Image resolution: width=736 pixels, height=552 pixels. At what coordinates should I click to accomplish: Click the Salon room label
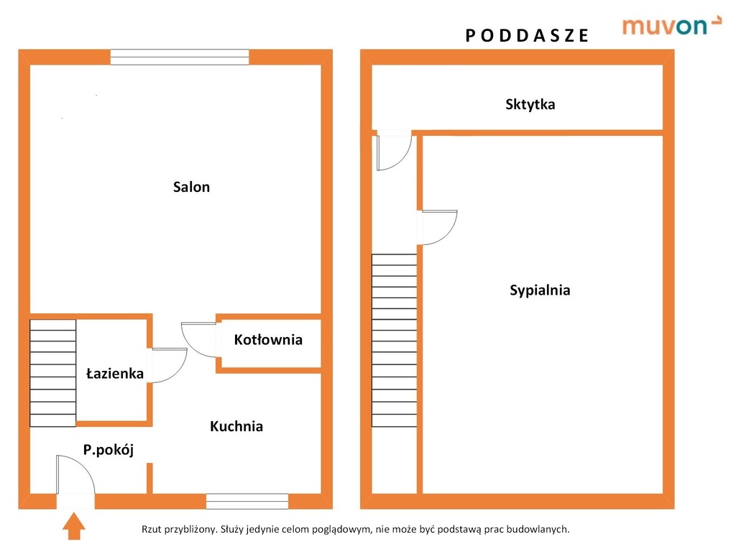(x=191, y=187)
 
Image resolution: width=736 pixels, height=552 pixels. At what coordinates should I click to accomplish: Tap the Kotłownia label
(x=268, y=339)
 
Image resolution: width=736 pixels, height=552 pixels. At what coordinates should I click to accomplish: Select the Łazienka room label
(x=115, y=373)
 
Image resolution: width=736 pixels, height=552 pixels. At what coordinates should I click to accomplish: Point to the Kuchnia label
(x=236, y=426)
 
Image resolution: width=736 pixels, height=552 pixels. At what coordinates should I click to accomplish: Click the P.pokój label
(x=109, y=450)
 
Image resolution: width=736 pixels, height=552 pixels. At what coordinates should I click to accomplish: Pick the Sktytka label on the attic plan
(x=530, y=104)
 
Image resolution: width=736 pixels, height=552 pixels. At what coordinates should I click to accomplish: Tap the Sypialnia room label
(x=540, y=290)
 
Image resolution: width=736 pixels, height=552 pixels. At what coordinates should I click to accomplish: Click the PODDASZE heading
(x=527, y=36)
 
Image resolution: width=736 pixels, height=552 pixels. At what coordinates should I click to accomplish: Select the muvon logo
(x=671, y=26)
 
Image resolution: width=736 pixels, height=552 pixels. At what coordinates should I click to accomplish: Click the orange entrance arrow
(x=74, y=526)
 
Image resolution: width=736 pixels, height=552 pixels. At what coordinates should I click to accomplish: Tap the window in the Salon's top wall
(x=180, y=57)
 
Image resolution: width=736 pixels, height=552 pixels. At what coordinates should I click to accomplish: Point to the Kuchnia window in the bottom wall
(x=247, y=501)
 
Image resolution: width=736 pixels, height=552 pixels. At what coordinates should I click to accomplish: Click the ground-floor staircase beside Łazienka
(x=53, y=373)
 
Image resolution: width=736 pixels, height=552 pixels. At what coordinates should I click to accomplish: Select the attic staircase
(x=395, y=340)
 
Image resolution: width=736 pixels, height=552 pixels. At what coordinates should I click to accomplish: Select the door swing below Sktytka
(x=404, y=159)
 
